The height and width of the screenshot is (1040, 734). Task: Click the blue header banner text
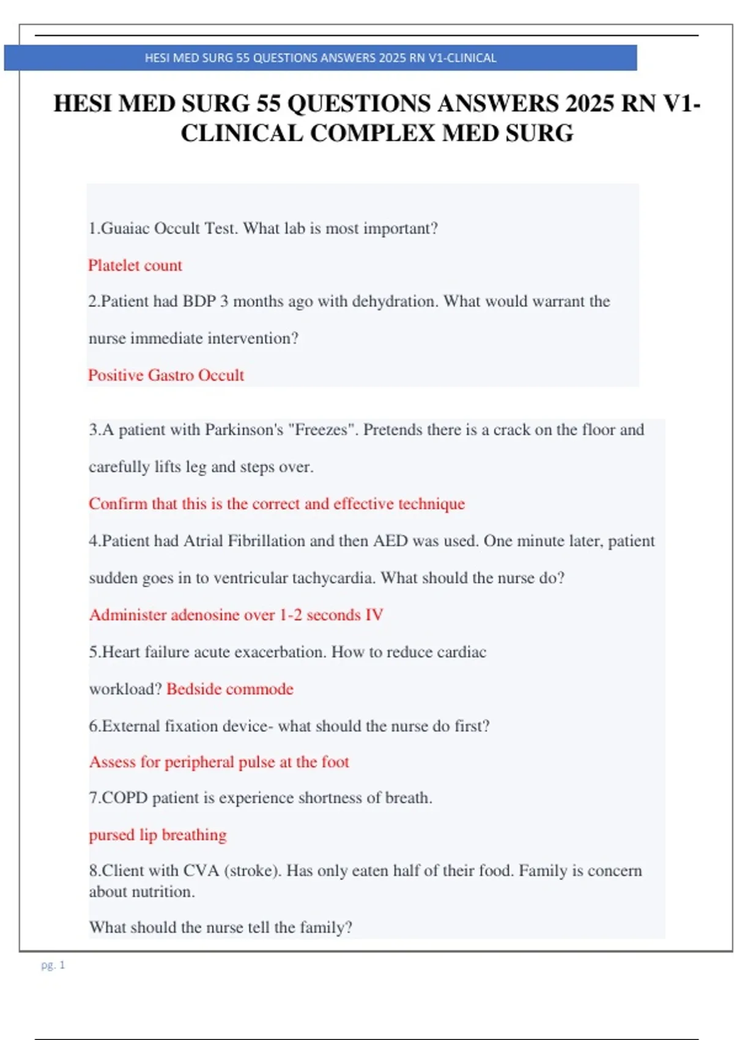pyautogui.click(x=321, y=58)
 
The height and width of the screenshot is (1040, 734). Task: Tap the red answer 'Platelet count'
pyautogui.click(x=135, y=266)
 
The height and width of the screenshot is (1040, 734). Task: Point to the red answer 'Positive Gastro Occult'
pyautogui.click(x=166, y=375)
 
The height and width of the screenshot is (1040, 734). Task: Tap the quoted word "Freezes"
pyautogui.click(x=323, y=430)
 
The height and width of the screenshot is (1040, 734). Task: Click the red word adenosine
pyautogui.click(x=206, y=615)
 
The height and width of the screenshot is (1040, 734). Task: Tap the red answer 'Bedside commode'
pyautogui.click(x=230, y=689)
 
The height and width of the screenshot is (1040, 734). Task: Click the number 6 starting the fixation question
pyautogui.click(x=93, y=726)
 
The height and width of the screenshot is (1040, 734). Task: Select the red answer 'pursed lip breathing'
pyautogui.click(x=158, y=835)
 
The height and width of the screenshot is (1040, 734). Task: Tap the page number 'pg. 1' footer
pyautogui.click(x=53, y=965)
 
